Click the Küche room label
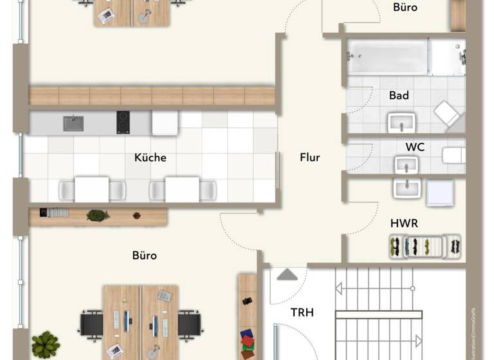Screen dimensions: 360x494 (x=151, y=157)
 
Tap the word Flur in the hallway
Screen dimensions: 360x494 (x=309, y=157)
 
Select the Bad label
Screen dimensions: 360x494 (x=399, y=96)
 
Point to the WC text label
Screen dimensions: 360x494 (x=415, y=147)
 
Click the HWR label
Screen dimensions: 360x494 (x=404, y=223)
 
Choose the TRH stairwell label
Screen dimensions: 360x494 (x=302, y=313)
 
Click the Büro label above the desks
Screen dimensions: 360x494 (x=144, y=255)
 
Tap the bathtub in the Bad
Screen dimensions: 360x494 (x=387, y=57)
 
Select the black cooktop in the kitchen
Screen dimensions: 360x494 (x=123, y=122)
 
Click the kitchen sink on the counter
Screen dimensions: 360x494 (x=73, y=123)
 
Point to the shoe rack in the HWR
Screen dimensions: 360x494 (x=425, y=246)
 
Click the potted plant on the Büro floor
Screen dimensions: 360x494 (x=45, y=344)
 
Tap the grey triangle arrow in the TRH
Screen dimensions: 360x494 (x=286, y=275)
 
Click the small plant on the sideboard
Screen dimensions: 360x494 (x=98, y=215)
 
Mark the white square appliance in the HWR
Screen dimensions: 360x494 (x=440, y=192)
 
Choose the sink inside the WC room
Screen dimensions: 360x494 (x=407, y=165)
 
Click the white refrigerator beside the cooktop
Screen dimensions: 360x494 (x=165, y=122)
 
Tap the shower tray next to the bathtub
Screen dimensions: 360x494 (x=448, y=57)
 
